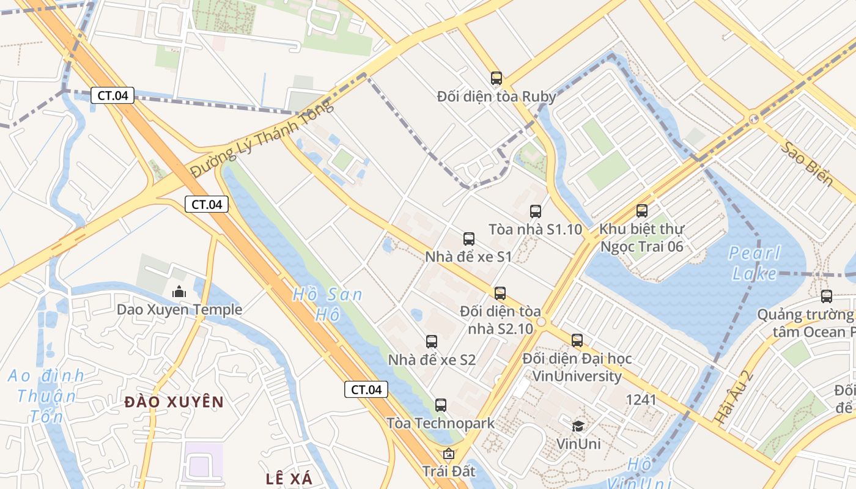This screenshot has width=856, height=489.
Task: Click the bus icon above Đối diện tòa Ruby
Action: [496, 78]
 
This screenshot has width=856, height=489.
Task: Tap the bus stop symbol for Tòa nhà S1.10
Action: [536, 211]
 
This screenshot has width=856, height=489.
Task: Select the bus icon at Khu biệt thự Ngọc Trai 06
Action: [642, 211]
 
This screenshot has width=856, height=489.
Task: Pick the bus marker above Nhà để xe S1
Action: [469, 239]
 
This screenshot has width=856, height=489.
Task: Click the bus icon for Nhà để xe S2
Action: [432, 342]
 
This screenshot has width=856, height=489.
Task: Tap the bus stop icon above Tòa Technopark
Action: [441, 405]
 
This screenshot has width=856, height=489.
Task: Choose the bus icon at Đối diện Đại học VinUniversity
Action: [577, 340]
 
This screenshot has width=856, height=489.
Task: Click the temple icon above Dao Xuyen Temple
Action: [179, 292]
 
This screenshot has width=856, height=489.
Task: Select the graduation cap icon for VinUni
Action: [578, 425]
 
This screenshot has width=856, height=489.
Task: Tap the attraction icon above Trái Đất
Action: [449, 454]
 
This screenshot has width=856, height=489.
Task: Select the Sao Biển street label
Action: [807, 163]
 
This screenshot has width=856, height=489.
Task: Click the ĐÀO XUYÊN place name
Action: [174, 402]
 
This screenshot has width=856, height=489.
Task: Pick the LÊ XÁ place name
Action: [289, 479]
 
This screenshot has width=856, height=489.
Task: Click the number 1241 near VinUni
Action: [641, 400]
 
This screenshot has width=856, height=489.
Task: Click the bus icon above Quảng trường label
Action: [827, 296]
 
